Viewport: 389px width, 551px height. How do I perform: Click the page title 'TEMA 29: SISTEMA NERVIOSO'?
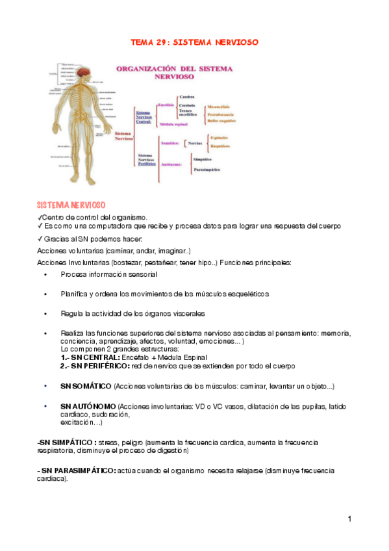[195, 42]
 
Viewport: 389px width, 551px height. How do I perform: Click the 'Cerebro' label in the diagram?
[187, 96]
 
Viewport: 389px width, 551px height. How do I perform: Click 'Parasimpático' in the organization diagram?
[208, 170]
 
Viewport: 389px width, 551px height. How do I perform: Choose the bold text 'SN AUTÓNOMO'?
[84, 406]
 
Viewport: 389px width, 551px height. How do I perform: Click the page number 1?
[349, 519]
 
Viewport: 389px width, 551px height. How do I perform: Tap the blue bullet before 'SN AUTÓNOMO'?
[45, 406]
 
